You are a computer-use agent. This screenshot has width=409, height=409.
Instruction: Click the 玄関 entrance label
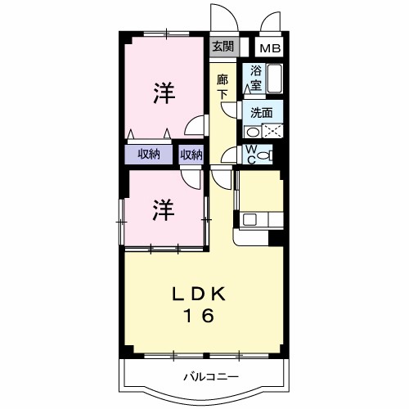pyautogui.click(x=222, y=47)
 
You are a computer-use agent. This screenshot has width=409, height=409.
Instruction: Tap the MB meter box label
pyautogui.click(x=270, y=48)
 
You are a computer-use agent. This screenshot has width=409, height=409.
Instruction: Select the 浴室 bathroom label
pyautogui.click(x=256, y=77)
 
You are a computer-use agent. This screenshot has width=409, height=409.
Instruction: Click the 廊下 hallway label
pyautogui.click(x=222, y=87)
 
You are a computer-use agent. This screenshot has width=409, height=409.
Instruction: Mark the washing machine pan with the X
pyautogui.click(x=272, y=131)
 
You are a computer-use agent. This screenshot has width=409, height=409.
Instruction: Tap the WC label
pyautogui.click(x=252, y=154)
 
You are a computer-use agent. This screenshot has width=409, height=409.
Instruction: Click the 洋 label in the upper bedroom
pyautogui.click(x=164, y=93)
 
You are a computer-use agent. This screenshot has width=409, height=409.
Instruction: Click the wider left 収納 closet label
pyautogui.click(x=148, y=155)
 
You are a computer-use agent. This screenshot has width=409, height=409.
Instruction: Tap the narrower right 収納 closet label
pyautogui.click(x=191, y=155)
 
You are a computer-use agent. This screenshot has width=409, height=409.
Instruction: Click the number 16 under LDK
pyautogui.click(x=196, y=316)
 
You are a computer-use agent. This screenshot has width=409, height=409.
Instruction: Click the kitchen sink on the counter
pyautogui.click(x=249, y=218)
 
